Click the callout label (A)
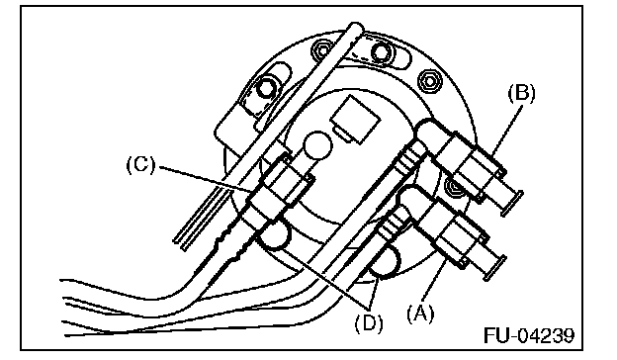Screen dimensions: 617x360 pyautogui.click(x=420, y=315)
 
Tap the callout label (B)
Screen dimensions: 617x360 pyautogui.click(x=521, y=94)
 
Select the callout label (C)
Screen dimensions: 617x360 pyautogui.click(x=140, y=165)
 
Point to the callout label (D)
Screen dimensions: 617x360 pyautogui.click(x=369, y=323)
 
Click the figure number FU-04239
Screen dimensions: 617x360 pyautogui.click(x=528, y=335)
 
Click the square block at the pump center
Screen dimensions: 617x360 pyautogui.click(x=354, y=119)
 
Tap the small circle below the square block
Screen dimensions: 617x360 pyautogui.click(x=317, y=145)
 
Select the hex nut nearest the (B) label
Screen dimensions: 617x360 pyautogui.click(x=430, y=82)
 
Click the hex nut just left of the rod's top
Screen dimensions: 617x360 pyautogui.click(x=322, y=50)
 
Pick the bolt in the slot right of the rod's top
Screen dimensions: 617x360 pyautogui.click(x=381, y=51)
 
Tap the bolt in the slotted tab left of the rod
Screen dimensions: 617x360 pyautogui.click(x=265, y=89)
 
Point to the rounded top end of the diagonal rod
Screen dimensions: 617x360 pyautogui.click(x=355, y=27)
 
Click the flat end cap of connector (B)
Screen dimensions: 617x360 pyautogui.click(x=512, y=203)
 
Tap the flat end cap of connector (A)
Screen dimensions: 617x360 pyautogui.click(x=494, y=268)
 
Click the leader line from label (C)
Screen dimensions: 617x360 pyautogui.click(x=206, y=179)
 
